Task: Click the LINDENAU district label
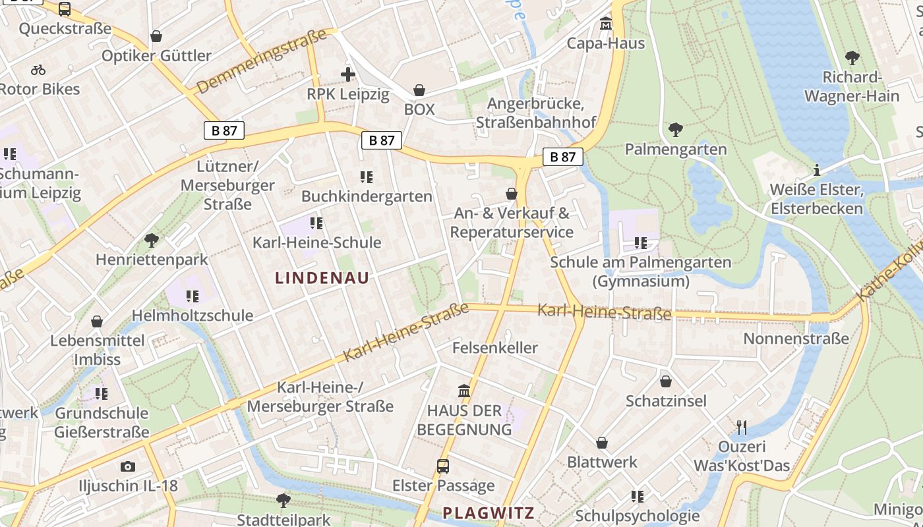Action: pyautogui.click(x=322, y=278)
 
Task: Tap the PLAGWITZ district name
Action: pyautogui.click(x=488, y=513)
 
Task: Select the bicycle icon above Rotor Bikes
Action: pyautogui.click(x=38, y=70)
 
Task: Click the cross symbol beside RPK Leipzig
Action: pyautogui.click(x=348, y=74)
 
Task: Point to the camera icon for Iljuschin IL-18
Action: pyautogui.click(x=128, y=466)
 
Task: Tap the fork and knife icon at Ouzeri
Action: pyautogui.click(x=742, y=428)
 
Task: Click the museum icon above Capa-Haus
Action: pyautogui.click(x=606, y=24)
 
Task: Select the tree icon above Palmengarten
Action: pyautogui.click(x=675, y=130)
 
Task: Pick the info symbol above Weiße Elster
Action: pyautogui.click(x=817, y=171)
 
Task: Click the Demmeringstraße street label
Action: pyautogui.click(x=262, y=61)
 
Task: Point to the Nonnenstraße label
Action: pyautogui.click(x=796, y=339)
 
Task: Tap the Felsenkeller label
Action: pyautogui.click(x=495, y=347)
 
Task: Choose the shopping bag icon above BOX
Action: pyautogui.click(x=419, y=90)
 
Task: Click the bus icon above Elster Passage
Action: pyautogui.click(x=443, y=466)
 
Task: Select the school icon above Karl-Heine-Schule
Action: pyautogui.click(x=316, y=223)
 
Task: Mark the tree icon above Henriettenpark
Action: pyautogui.click(x=152, y=240)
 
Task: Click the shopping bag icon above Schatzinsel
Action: pyautogui.click(x=666, y=381)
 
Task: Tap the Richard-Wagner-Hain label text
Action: pyautogui.click(x=852, y=87)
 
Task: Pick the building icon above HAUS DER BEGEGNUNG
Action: pyautogui.click(x=464, y=391)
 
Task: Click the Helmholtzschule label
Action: pyautogui.click(x=193, y=316)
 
